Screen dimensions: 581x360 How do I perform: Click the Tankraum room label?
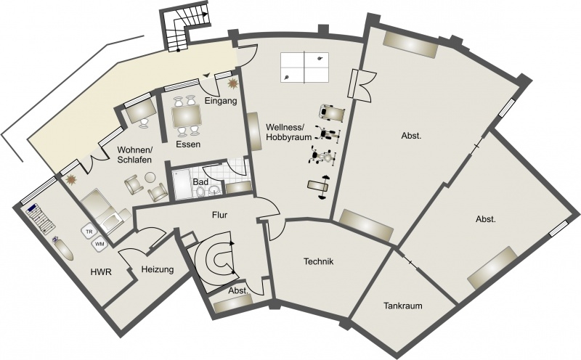point(403,306)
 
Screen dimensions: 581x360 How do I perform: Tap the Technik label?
point(319,261)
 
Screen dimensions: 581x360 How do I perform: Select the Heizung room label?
point(158,269)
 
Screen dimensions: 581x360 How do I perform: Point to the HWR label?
point(101,272)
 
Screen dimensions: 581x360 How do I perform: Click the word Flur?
point(220,215)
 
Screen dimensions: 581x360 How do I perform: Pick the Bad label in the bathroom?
point(200,182)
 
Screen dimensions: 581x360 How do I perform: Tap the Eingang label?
point(221,101)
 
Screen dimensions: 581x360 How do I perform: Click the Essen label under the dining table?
point(188,144)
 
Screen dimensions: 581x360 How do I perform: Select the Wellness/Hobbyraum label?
point(285,132)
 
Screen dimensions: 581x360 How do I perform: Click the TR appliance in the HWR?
point(89,232)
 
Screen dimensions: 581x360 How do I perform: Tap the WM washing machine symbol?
point(99,244)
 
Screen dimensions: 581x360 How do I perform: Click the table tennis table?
point(304,67)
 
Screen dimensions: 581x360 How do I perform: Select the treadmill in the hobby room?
point(332,112)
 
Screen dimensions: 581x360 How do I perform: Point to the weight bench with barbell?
point(319,187)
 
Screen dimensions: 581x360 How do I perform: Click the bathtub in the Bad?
point(182,184)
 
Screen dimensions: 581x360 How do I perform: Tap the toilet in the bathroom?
point(200,191)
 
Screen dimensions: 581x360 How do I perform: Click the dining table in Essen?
point(187,116)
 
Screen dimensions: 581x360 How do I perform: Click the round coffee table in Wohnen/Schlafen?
point(150,178)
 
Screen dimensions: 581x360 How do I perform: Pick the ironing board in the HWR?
point(64,249)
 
